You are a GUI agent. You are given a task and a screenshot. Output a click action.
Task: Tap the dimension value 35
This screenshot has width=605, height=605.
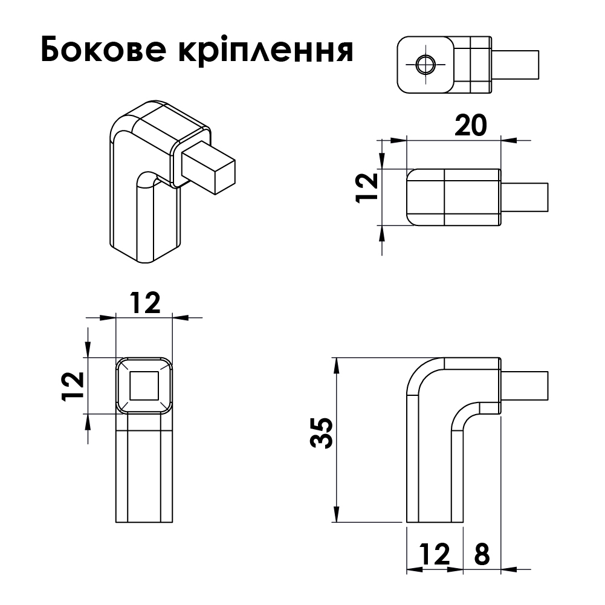(x=322, y=433)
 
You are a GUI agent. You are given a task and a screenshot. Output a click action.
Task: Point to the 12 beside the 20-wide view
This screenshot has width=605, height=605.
(x=366, y=188)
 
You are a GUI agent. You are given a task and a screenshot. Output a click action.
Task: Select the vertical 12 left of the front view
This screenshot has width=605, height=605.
(x=72, y=386)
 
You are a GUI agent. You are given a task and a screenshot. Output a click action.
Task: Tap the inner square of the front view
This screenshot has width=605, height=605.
(x=144, y=385)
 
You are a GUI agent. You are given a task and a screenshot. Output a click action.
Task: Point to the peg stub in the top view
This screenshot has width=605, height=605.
(x=517, y=64)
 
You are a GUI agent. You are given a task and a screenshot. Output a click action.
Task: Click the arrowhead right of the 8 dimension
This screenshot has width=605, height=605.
(x=508, y=569)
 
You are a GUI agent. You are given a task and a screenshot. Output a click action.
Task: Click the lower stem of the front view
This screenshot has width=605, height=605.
(x=144, y=471)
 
